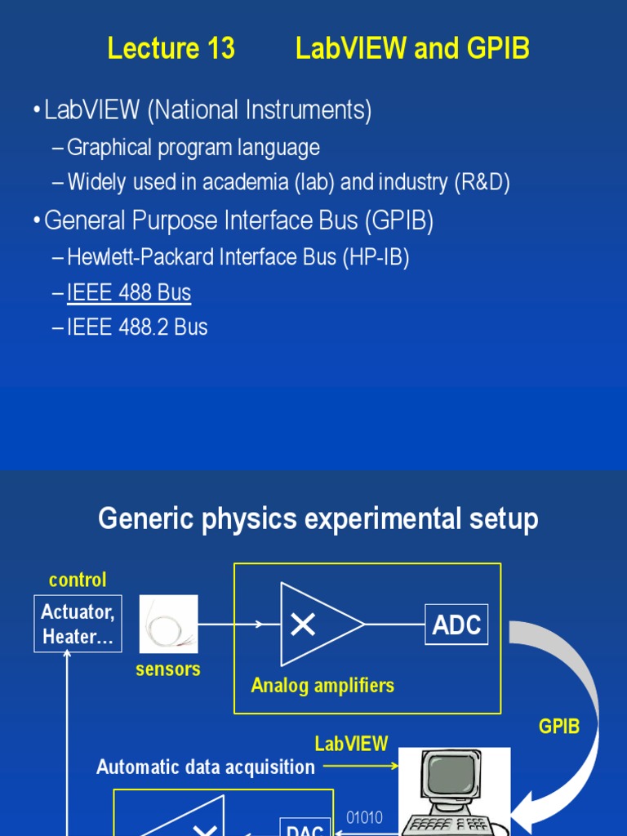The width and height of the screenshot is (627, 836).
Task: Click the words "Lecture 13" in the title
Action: pos(171,49)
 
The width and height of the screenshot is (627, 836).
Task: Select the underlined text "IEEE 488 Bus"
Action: pos(129,292)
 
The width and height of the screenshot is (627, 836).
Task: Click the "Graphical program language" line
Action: pos(193,148)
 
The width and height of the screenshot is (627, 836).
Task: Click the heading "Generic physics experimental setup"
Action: pos(318,518)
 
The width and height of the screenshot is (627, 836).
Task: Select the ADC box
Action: pos(456,625)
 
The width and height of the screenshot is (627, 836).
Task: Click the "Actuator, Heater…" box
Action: pos(78,624)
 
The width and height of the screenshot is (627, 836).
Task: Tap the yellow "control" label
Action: pos(78,580)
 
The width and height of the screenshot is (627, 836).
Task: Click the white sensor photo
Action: pos(168,624)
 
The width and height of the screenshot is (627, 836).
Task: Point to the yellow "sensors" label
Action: pos(168,669)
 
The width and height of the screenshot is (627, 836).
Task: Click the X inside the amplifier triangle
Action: pos(303,625)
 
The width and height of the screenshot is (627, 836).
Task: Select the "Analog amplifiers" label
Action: pos(322,685)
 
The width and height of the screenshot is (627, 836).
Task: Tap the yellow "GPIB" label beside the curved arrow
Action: pos(559,726)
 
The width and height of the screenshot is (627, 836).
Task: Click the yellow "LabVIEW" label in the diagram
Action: pos(352,743)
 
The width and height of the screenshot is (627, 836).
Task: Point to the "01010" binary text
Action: pos(364,817)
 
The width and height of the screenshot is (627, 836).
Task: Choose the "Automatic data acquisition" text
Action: pos(206,767)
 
